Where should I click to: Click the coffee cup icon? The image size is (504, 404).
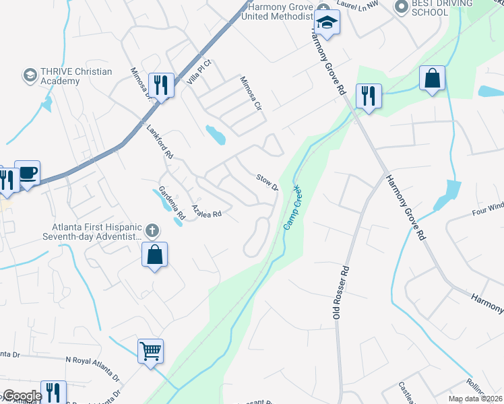28,173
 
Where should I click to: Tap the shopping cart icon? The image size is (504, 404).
151,350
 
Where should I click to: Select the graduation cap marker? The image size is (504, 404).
327,23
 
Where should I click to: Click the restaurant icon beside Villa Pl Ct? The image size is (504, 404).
161,85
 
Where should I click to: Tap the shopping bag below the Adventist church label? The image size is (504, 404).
155,255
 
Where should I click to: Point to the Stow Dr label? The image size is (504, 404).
267,182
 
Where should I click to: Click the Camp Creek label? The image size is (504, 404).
292,208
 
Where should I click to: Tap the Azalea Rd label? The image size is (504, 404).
207,211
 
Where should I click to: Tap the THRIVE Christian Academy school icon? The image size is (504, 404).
29,75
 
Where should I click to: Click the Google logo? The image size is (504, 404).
22,397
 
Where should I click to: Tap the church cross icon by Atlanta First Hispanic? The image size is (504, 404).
152,231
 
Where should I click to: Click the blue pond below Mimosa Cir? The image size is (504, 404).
216,135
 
